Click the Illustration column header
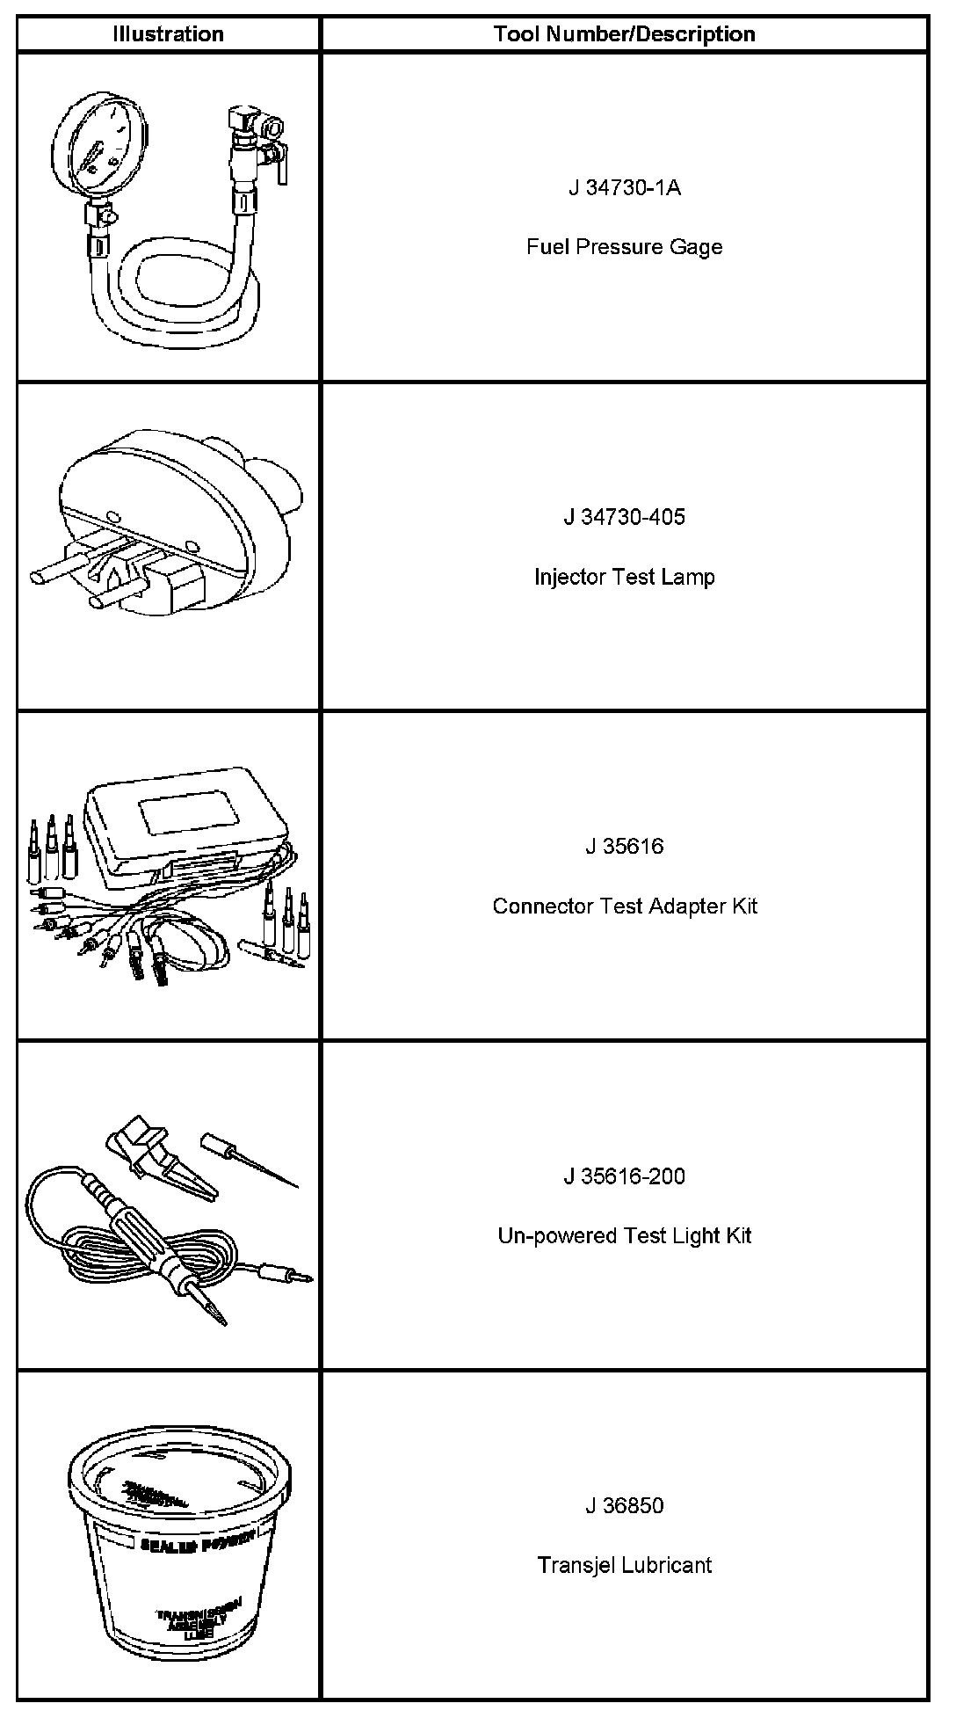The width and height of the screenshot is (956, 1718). click(x=168, y=34)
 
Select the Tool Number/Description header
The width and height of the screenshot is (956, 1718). click(x=624, y=34)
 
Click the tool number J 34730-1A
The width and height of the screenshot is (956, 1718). click(x=624, y=187)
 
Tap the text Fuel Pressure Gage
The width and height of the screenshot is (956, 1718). click(x=624, y=247)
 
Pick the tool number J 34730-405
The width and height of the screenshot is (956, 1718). click(x=624, y=517)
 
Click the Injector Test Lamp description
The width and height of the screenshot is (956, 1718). click(x=624, y=577)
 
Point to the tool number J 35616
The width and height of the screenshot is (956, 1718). click(x=624, y=847)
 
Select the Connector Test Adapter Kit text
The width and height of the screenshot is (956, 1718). click(x=624, y=906)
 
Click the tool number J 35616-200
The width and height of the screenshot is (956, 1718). click(x=624, y=1176)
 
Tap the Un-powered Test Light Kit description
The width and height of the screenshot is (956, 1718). click(x=624, y=1236)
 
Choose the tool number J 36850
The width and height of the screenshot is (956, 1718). click(x=624, y=1506)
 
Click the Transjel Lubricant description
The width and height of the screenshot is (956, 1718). click(x=624, y=1566)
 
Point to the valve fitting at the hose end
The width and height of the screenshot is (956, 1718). click(x=249, y=141)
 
